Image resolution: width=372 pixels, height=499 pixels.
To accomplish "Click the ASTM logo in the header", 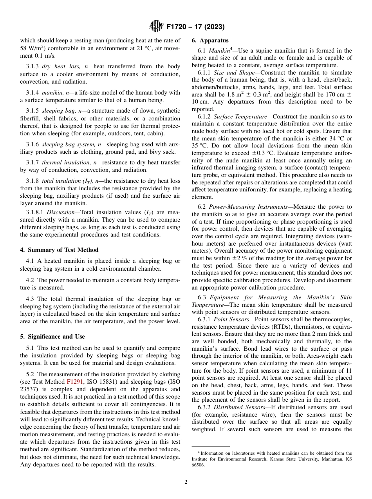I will tap(156, 27).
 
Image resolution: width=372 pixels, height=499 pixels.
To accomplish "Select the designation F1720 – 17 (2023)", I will tap(195, 27).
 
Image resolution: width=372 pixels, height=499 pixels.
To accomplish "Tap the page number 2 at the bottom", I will tap(186, 482).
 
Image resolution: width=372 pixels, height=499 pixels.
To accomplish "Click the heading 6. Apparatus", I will tap(210, 40).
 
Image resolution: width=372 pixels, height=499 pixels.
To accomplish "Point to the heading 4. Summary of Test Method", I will tap(59, 250).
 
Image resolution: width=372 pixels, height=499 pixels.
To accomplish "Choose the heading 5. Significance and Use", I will tap(52, 337).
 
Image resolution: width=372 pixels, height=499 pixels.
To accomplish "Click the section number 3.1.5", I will tap(33, 111).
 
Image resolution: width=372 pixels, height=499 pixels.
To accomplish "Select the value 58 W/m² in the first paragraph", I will tap(33, 48).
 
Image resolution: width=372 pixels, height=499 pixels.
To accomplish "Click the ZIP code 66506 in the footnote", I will tap(199, 466).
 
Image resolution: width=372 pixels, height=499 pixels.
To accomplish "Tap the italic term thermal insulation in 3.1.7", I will tap(59, 162).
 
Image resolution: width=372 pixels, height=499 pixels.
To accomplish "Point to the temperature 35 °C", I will tap(200, 146).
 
